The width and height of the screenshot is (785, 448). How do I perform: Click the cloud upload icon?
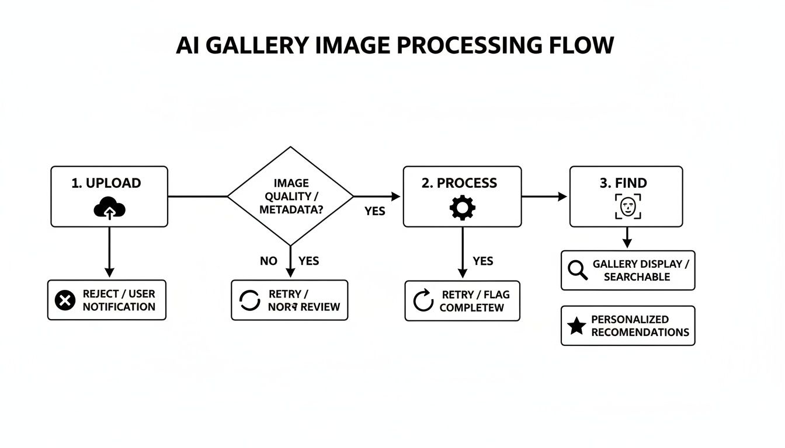(x=110, y=208)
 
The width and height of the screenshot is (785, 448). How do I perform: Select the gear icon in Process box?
(x=462, y=208)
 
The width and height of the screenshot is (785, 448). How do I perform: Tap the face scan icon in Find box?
(x=628, y=206)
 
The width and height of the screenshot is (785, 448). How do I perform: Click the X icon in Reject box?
(x=65, y=300)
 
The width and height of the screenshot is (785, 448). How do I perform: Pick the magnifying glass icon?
(x=577, y=270)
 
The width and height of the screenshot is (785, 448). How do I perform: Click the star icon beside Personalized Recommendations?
(x=576, y=326)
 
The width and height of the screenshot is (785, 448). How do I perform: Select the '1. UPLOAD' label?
(x=106, y=183)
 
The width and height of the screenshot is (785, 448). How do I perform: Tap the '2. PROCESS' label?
(x=459, y=183)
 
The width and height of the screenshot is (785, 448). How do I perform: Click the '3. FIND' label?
(x=623, y=183)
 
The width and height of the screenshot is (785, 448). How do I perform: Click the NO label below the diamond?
(x=268, y=261)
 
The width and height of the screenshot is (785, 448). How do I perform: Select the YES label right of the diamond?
(x=374, y=211)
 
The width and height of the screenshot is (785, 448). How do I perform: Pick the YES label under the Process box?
(x=482, y=261)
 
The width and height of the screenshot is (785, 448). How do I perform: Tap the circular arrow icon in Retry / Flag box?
(x=423, y=300)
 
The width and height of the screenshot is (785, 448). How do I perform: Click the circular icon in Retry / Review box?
(x=250, y=300)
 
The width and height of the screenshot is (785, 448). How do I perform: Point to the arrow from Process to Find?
(x=543, y=197)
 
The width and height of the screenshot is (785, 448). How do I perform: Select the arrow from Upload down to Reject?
(x=109, y=251)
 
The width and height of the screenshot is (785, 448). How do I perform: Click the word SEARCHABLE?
(x=636, y=276)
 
